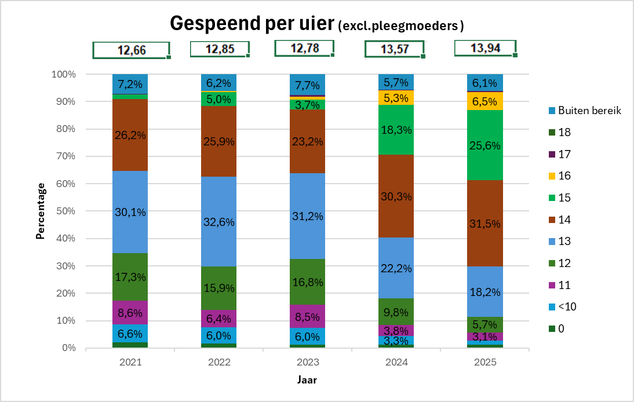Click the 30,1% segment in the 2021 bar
tap(130, 212)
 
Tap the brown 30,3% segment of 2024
tap(396, 196)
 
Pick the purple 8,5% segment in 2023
tap(308, 316)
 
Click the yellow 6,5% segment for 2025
tap(486, 101)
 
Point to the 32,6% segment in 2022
tap(218, 221)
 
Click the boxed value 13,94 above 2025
tap(484, 48)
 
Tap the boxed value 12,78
tap(305, 47)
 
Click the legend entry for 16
tap(565, 176)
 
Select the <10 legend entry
tap(567, 307)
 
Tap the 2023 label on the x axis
tap(308, 363)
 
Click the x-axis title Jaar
tap(307, 380)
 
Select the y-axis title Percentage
tap(41, 211)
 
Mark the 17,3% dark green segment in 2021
tap(130, 277)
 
